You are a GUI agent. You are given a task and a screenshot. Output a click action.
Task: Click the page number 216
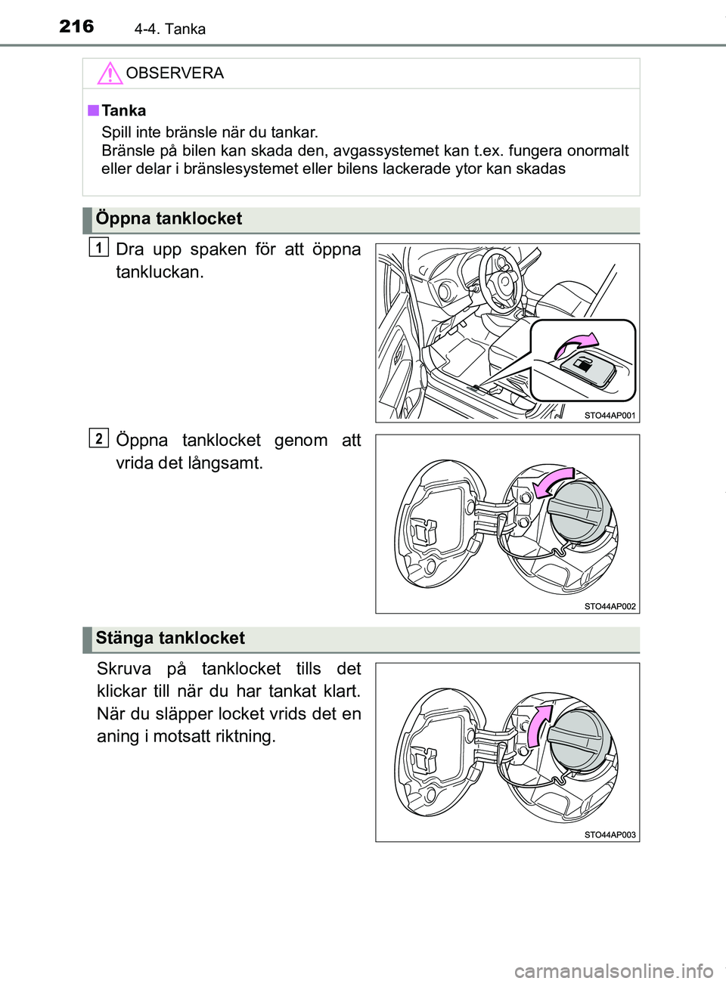pyautogui.click(x=76, y=26)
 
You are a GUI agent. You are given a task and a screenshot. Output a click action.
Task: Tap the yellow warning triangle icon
pyautogui.click(x=110, y=73)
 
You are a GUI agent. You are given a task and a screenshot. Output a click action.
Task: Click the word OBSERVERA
pyautogui.click(x=175, y=73)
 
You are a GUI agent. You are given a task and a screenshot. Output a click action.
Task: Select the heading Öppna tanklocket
pyautogui.click(x=169, y=219)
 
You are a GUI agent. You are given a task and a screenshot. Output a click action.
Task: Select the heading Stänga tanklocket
pyautogui.click(x=170, y=639)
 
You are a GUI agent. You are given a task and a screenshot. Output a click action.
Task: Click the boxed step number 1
pyautogui.click(x=98, y=246)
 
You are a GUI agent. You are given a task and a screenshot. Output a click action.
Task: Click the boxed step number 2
pyautogui.click(x=98, y=438)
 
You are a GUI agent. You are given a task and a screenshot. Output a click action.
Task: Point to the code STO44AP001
pyautogui.click(x=610, y=416)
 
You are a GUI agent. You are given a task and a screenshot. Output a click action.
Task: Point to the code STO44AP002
pyautogui.click(x=610, y=606)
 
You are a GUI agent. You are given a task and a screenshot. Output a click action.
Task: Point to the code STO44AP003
pyautogui.click(x=610, y=835)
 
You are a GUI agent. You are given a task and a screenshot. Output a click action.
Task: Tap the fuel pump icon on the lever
pyautogui.click(x=584, y=365)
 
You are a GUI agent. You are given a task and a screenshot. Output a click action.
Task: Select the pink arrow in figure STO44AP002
pyautogui.click(x=552, y=482)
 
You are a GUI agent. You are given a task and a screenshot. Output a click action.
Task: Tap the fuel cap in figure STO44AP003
pyautogui.click(x=579, y=739)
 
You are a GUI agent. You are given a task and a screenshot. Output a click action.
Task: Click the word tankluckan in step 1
pyautogui.click(x=160, y=272)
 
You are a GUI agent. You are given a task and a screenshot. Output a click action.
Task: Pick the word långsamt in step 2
pyautogui.click(x=225, y=463)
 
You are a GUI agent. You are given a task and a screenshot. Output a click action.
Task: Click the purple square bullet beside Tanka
pyautogui.click(x=93, y=110)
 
